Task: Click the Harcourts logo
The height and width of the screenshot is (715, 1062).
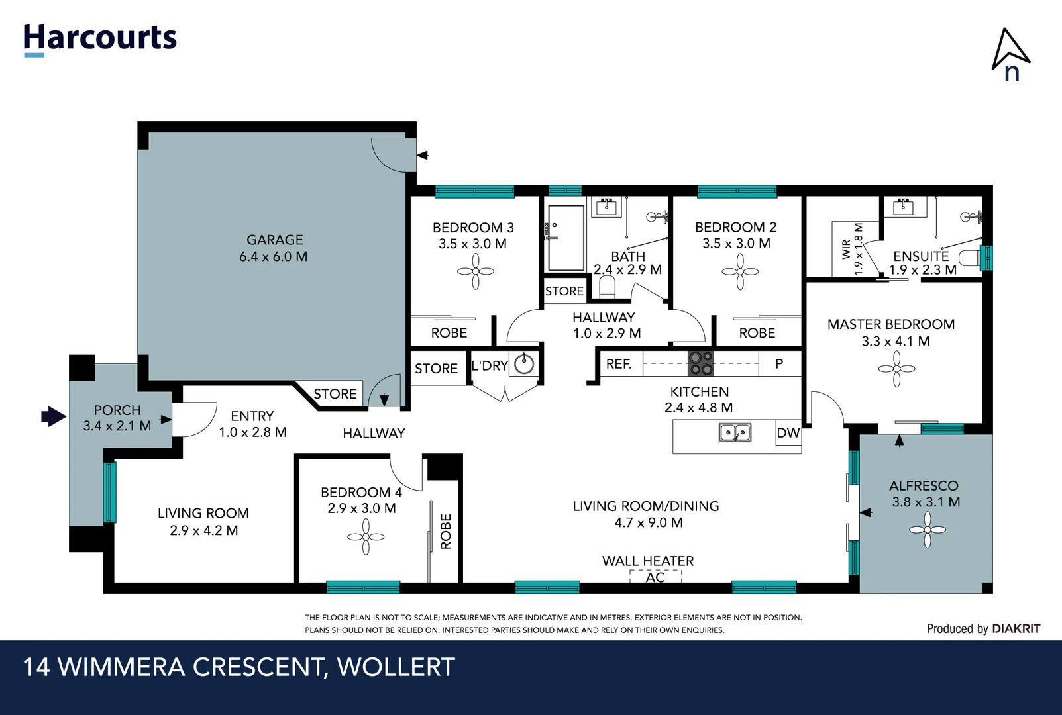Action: pos(100,39)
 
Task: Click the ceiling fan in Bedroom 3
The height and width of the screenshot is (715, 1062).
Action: pos(476,271)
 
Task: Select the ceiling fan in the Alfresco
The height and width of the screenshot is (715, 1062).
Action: pos(927,530)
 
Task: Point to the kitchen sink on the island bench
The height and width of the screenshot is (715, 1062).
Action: pos(735,433)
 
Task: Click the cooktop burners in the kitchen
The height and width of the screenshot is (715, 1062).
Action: pos(700,363)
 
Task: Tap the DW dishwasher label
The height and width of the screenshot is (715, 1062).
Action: pos(788,433)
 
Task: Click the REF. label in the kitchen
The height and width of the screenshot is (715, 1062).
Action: pos(619,364)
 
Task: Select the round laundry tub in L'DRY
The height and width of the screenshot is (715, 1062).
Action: pos(525,363)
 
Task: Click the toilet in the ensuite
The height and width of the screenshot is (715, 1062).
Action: pos(970,258)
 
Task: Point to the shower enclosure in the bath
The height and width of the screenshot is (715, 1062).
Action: pos(566,238)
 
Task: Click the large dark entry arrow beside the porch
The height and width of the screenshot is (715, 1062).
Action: pos(54,416)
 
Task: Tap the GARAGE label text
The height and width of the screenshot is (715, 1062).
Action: pos(274,240)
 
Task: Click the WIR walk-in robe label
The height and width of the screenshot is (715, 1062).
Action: pos(846,249)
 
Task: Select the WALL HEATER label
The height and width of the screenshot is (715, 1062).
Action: pos(647,561)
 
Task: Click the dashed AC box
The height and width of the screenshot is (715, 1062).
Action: pos(655,577)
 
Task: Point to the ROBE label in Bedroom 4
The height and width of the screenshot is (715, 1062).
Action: pos(446,531)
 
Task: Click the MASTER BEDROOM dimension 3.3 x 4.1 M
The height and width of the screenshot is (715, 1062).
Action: pos(895,342)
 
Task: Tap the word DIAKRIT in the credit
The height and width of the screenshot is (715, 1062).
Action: pos(1016,628)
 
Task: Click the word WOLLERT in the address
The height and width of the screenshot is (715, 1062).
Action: pos(396,667)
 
